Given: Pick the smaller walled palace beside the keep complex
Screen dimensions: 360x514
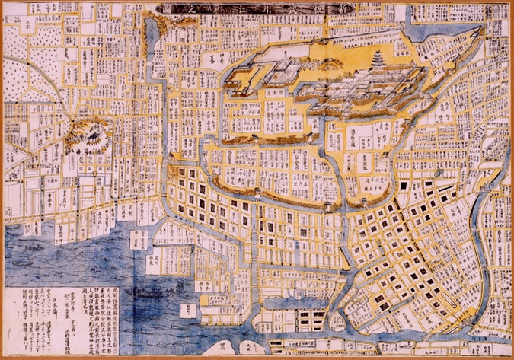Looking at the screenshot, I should (263, 76).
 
